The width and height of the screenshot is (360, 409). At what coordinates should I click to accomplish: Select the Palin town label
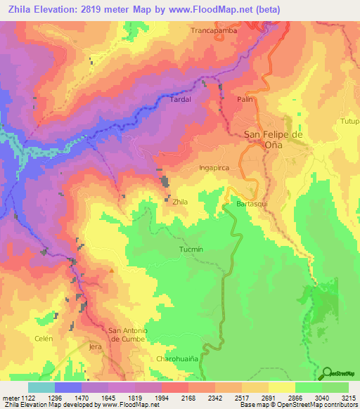(244, 100)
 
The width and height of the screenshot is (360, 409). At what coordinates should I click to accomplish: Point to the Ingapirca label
(214, 168)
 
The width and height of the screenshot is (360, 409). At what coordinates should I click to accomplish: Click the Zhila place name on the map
(181, 202)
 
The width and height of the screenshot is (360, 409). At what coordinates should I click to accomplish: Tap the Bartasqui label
(254, 203)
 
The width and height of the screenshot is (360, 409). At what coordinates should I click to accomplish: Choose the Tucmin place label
(191, 249)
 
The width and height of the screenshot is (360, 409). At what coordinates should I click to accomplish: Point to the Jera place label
(96, 347)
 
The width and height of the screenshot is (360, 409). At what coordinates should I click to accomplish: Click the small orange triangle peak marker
(111, 270)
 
